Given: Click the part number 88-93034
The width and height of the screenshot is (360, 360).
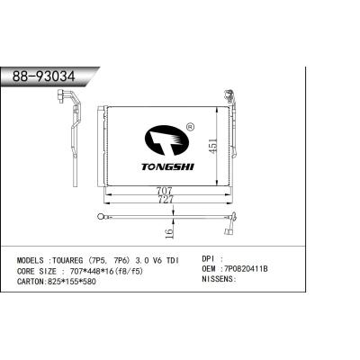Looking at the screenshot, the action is pos(44,76).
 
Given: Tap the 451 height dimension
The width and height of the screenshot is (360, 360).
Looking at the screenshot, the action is pos(213,146).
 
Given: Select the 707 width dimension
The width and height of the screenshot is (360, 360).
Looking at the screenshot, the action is pos(164,191).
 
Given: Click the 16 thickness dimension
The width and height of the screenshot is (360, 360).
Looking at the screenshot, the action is pos(169,233).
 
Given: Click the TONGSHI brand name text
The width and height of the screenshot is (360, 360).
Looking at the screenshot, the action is pos(168,166).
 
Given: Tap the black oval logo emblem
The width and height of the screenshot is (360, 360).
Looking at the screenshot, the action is pos(167,141).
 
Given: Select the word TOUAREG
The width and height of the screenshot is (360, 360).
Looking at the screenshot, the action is pos(67,260).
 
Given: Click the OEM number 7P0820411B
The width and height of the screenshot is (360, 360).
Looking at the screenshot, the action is pos(244,269).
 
